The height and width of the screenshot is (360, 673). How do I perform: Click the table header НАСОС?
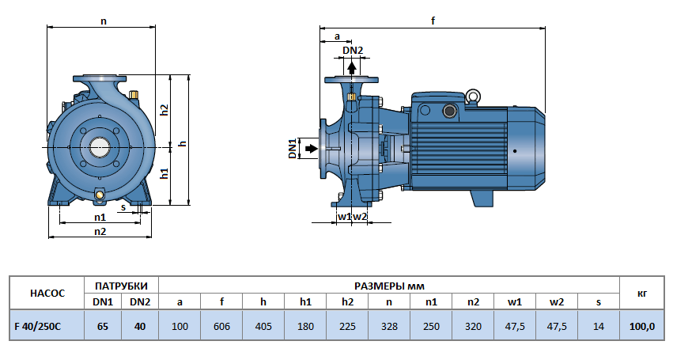pos(45,293)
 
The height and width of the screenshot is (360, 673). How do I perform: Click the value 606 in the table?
pos(221,325)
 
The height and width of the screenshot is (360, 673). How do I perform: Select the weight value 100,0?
pos(641,325)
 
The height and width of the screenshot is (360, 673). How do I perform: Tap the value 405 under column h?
pos(263,325)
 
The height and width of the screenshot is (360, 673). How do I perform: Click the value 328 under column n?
pos(389,325)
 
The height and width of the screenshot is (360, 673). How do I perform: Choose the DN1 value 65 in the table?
pos(102,325)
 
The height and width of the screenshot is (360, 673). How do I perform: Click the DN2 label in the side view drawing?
pos(353,51)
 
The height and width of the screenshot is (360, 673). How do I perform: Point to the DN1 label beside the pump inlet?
pos(292,148)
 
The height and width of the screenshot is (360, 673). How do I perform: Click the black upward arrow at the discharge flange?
pos(352,66)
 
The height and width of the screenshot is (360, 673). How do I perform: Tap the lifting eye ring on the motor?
pos(472,97)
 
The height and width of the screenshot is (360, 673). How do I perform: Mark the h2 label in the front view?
pos(164,110)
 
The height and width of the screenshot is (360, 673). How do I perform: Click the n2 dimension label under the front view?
pos(100,231)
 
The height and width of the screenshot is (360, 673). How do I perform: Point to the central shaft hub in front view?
pos(100,147)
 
